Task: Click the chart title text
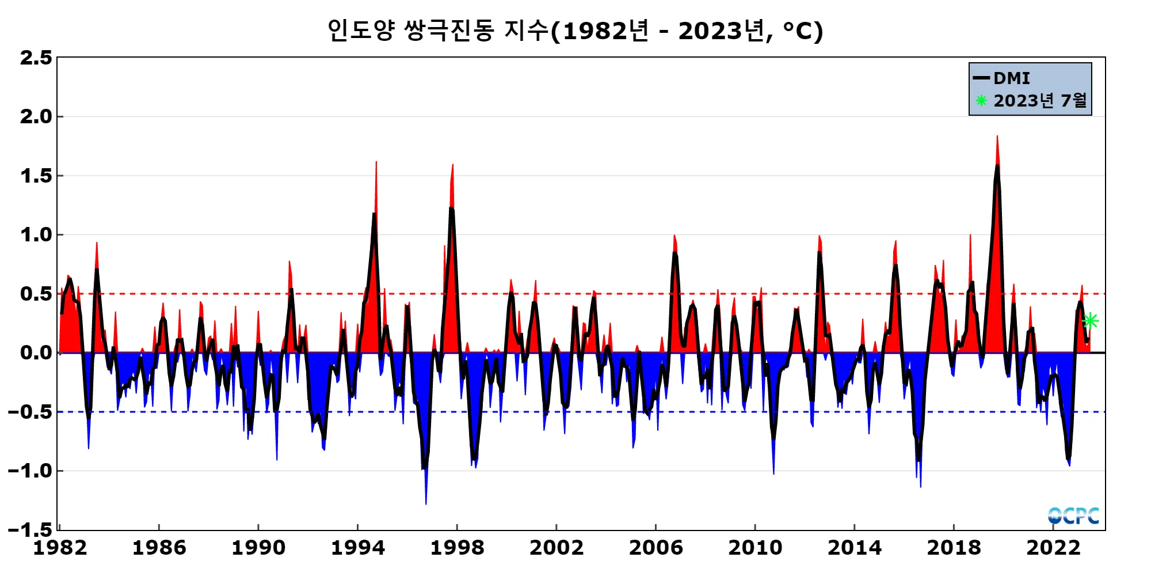tap(575, 31)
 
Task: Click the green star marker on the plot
tap(1090, 321)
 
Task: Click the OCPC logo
tap(1073, 516)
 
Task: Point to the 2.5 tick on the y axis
tap(36, 58)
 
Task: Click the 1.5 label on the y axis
tap(36, 176)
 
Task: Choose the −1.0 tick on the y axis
tap(30, 471)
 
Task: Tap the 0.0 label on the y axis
tap(36, 353)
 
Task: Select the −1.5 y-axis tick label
tap(30, 529)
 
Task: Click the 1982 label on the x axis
tap(60, 547)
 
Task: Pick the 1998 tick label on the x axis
tap(457, 547)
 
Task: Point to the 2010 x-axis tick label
tap(755, 547)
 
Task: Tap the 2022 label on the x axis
tap(1053, 547)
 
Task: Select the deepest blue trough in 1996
tap(426, 503)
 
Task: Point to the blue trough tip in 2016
tap(921, 486)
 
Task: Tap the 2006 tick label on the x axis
tap(655, 547)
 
